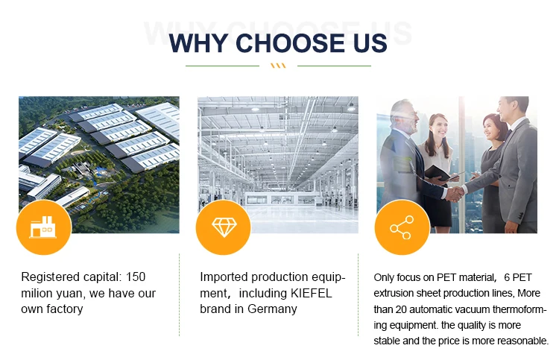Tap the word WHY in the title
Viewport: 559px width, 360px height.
pos(198,43)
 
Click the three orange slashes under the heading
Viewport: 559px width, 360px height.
pos(278,66)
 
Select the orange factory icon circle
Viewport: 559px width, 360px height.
pos(44,227)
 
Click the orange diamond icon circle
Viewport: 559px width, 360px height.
pos(224,227)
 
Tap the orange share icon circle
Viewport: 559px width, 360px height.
pos(402,227)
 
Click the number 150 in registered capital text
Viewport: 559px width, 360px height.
pos(136,277)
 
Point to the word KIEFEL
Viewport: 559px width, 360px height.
pos(312,293)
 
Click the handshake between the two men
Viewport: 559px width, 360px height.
pos(455,194)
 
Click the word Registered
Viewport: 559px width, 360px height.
pos(50,277)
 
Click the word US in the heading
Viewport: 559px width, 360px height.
pos(370,43)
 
